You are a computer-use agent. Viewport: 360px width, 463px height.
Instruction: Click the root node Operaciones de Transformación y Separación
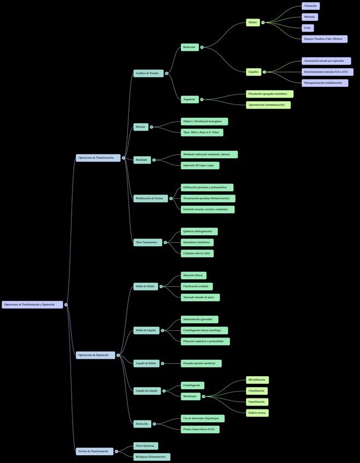[32, 305]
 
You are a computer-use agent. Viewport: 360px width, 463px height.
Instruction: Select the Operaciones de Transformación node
[98, 158]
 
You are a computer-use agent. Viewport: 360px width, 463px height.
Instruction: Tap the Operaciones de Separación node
[96, 355]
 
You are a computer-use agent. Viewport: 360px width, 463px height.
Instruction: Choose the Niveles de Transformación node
[95, 452]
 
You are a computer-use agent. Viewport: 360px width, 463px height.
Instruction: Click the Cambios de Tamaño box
[148, 73]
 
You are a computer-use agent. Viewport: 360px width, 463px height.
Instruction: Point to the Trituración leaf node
[310, 6]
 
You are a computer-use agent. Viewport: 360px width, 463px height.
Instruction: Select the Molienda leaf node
[310, 17]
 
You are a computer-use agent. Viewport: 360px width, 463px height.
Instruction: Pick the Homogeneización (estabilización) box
[324, 83]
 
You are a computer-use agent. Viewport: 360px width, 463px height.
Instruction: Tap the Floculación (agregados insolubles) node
[269, 94]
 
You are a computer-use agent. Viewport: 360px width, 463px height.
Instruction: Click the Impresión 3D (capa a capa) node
[200, 165]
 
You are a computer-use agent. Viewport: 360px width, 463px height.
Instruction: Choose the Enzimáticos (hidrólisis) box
[197, 242]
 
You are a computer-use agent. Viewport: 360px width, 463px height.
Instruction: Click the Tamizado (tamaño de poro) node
[200, 298]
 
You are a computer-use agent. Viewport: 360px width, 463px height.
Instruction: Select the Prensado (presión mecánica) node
[201, 363]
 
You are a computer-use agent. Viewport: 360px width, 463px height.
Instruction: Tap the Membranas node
[191, 396]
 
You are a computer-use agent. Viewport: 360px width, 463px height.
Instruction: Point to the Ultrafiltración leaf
[257, 391]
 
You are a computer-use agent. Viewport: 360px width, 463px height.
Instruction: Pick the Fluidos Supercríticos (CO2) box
[202, 429]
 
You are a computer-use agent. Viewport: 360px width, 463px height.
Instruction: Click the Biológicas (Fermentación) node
[152, 457]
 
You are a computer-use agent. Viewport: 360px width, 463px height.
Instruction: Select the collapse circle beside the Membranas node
[204, 396]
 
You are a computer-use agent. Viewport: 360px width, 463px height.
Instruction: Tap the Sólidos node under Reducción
[253, 22]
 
